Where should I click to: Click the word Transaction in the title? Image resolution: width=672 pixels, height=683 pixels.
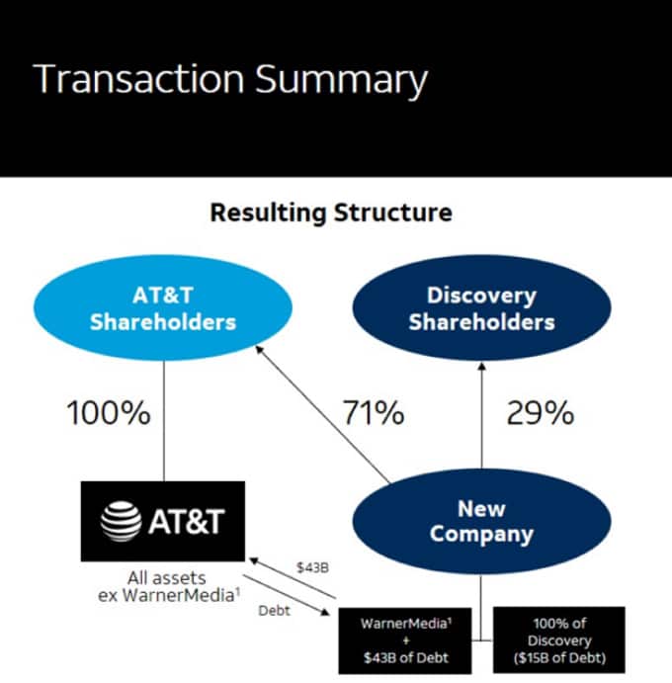(138, 78)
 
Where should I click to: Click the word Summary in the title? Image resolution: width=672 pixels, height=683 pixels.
(341, 81)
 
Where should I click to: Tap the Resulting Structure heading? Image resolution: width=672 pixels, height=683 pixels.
(331, 213)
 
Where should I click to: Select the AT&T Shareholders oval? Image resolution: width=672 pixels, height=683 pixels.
(163, 308)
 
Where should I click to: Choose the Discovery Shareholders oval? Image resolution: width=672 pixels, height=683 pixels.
(481, 308)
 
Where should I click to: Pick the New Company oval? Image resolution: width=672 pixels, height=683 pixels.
(481, 522)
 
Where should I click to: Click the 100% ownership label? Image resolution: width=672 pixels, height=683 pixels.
(109, 413)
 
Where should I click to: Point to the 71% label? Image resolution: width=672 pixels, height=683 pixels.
(374, 413)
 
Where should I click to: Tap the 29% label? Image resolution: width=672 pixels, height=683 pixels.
(540, 413)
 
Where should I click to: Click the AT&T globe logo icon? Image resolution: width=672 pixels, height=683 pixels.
(121, 522)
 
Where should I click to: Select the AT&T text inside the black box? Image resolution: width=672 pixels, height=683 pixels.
(187, 522)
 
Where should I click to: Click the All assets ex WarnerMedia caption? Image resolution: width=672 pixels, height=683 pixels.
(168, 586)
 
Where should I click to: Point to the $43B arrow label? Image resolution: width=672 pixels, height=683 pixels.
(312, 567)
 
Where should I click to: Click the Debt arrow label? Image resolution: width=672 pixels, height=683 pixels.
(274, 611)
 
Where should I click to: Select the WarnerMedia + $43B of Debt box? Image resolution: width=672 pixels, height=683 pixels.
(405, 640)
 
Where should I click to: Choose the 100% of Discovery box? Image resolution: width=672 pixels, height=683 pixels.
(559, 640)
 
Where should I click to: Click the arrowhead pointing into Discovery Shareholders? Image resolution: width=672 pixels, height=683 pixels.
(481, 366)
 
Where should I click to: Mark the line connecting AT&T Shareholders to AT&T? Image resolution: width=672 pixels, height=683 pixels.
(164, 421)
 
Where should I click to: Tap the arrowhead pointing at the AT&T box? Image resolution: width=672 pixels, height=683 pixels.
(253, 560)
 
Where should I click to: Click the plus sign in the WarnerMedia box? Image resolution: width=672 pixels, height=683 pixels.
(406, 640)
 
